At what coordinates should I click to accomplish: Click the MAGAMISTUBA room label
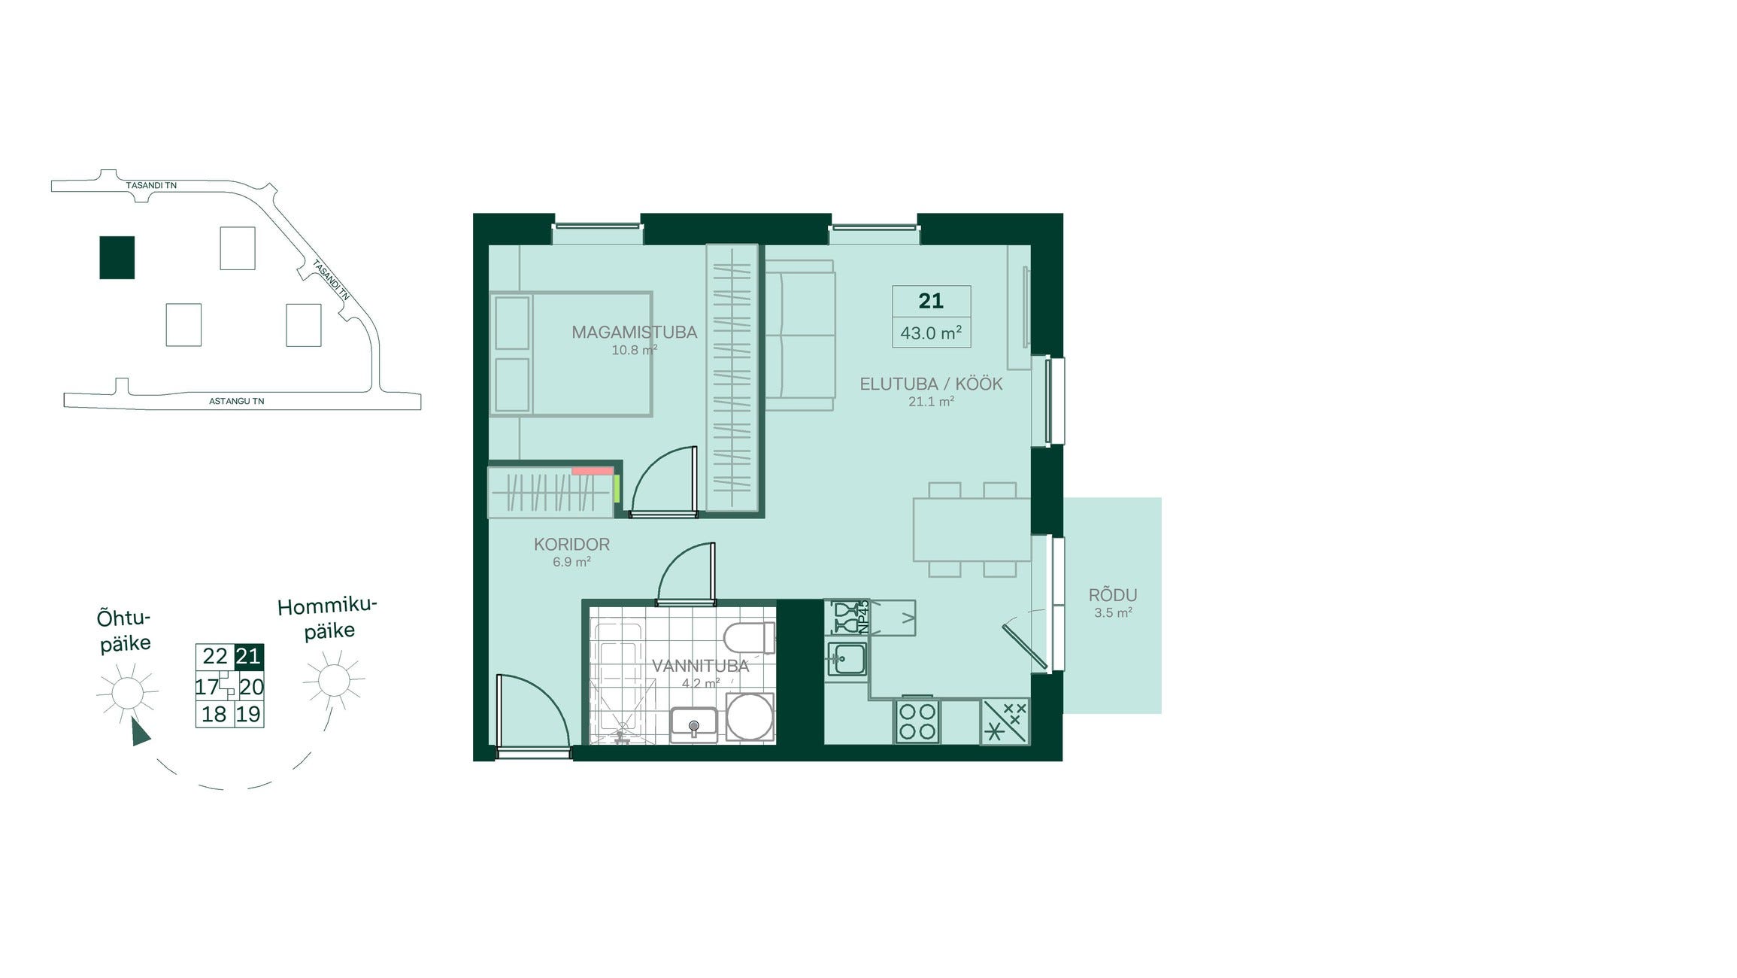click(634, 332)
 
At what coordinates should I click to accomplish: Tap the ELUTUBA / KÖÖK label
click(931, 384)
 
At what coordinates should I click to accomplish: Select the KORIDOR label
click(571, 544)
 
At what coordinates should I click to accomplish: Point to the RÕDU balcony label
click(1113, 595)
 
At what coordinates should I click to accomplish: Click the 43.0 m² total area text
click(931, 333)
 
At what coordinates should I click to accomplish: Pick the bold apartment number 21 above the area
click(931, 301)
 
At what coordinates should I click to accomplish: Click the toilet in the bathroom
click(749, 638)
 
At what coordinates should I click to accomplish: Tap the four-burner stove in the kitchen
click(917, 721)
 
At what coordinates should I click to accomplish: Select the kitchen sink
click(847, 659)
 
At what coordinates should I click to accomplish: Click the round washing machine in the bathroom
click(750, 716)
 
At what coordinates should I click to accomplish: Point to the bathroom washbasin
click(693, 724)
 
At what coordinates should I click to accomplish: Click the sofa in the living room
click(800, 336)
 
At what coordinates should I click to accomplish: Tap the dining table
click(972, 530)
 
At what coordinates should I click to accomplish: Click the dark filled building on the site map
click(117, 257)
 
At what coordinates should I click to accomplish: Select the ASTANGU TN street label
click(237, 402)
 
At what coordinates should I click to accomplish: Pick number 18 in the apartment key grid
click(214, 714)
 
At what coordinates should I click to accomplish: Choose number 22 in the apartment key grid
click(215, 656)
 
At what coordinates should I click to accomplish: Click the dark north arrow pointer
click(140, 731)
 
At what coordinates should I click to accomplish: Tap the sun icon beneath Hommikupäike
click(334, 680)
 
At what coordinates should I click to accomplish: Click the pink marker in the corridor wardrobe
click(593, 471)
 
